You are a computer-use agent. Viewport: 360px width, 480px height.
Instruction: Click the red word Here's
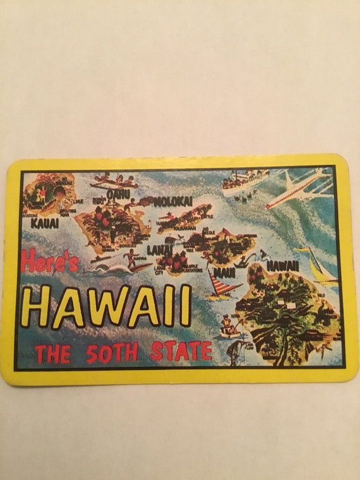coord(51,261)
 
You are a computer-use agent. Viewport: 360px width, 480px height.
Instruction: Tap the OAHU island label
coord(118,194)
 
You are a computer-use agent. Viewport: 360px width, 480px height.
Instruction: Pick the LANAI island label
coord(159,249)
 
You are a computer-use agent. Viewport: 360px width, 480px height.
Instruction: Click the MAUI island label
coord(224,273)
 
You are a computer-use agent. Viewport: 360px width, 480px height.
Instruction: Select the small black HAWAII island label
coord(282,266)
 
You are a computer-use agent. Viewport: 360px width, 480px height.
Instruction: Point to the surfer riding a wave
coord(131,260)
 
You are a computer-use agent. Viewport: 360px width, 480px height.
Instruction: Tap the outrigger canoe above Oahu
coord(114,183)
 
